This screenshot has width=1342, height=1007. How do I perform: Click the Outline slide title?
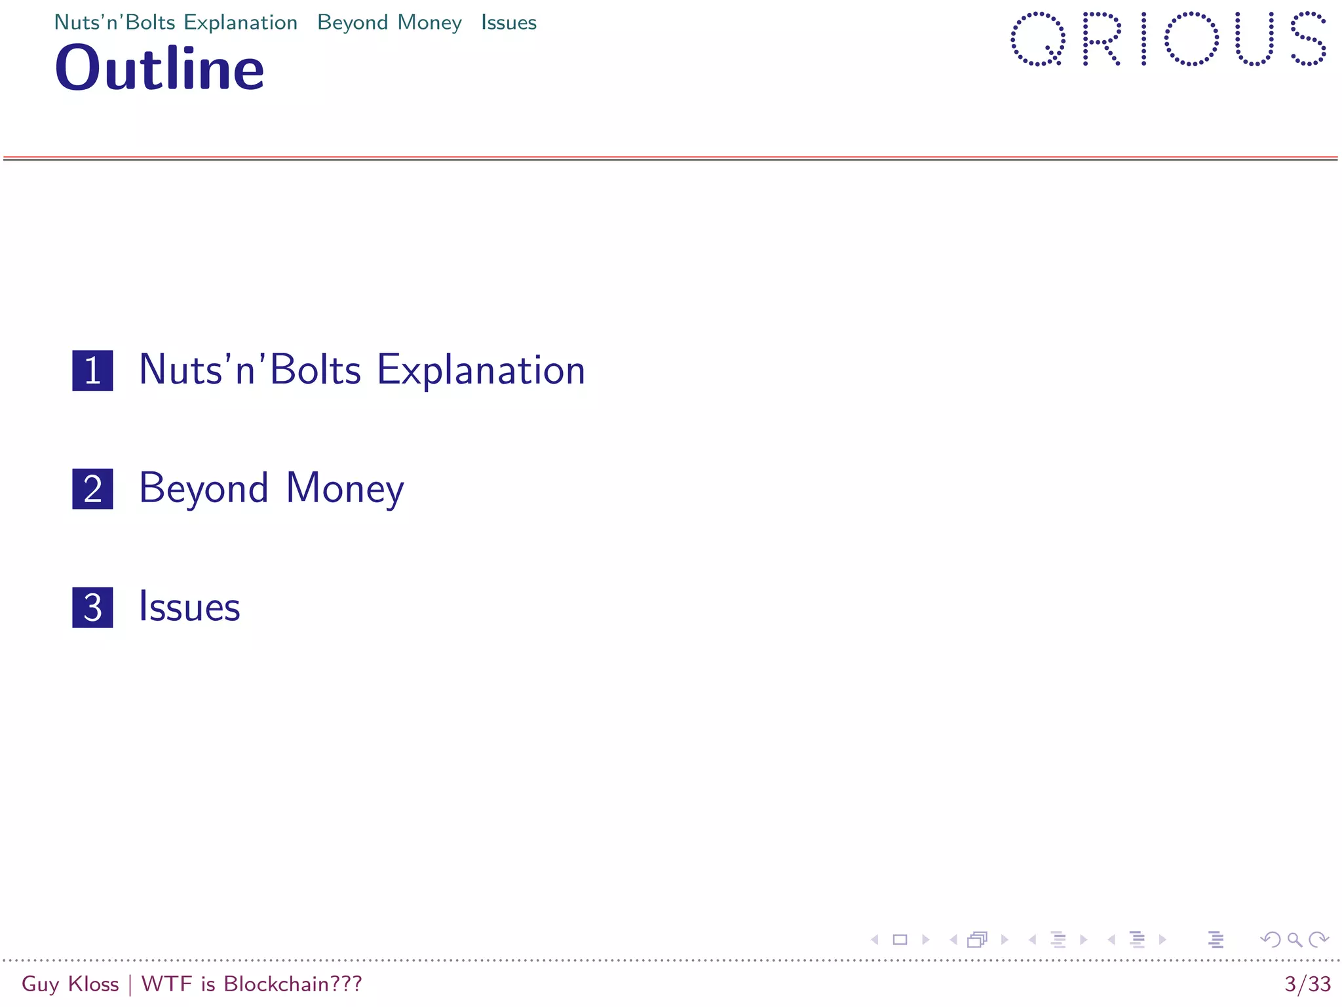click(x=159, y=69)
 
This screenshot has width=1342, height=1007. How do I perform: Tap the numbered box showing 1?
click(x=92, y=370)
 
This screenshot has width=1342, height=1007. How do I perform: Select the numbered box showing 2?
click(x=92, y=489)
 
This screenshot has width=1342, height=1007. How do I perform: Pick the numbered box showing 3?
click(x=92, y=608)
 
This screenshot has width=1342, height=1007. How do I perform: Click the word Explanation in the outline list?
click(x=480, y=370)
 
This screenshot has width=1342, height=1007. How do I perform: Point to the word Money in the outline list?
click(x=345, y=489)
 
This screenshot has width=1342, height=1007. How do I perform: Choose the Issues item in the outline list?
click(x=189, y=608)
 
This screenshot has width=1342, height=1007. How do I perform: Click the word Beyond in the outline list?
click(x=204, y=489)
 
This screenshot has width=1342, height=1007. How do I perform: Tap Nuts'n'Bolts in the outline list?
click(x=250, y=370)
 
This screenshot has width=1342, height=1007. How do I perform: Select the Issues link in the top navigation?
click(x=508, y=23)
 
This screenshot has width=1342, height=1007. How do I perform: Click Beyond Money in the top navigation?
click(x=389, y=23)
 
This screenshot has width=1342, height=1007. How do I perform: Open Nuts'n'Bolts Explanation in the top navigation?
click(x=176, y=23)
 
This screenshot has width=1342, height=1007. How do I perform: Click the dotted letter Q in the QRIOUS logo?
click(x=1038, y=39)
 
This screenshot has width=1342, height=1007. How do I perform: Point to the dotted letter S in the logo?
click(x=1308, y=39)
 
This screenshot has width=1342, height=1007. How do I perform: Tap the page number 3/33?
click(x=1307, y=984)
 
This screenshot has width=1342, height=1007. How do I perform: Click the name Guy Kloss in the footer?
click(x=70, y=984)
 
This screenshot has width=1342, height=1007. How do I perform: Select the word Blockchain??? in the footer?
click(x=293, y=984)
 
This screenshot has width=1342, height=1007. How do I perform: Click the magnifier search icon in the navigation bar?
click(x=1294, y=939)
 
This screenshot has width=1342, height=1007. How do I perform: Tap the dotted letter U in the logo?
click(x=1254, y=39)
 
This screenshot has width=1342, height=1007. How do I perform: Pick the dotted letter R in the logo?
click(x=1101, y=39)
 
